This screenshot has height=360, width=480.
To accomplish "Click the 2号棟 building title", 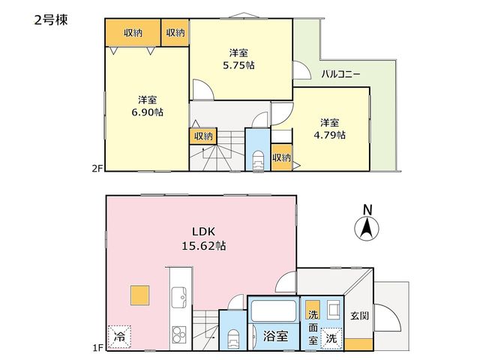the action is pyautogui.click(x=51, y=20).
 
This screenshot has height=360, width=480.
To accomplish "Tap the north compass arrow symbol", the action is pyautogui.click(x=367, y=228).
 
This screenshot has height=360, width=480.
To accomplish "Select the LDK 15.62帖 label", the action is pyautogui.click(x=204, y=238).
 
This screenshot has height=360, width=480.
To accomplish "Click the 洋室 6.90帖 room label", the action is pyautogui.click(x=147, y=106).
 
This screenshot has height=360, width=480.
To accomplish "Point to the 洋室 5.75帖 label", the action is pyautogui.click(x=238, y=59).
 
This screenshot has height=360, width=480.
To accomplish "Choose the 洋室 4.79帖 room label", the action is pyautogui.click(x=330, y=129).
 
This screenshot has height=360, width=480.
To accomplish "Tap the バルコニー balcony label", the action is pyautogui.click(x=340, y=74).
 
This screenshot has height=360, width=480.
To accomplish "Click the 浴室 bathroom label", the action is pyautogui.click(x=275, y=336).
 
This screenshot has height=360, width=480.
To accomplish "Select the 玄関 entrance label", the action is pyautogui.click(x=359, y=316).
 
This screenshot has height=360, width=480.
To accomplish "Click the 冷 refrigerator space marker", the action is pyautogui.click(x=119, y=337).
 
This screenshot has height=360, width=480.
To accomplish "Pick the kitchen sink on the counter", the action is pyautogui.click(x=178, y=297).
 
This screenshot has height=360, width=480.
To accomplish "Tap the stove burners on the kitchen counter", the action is pyautogui.click(x=178, y=334).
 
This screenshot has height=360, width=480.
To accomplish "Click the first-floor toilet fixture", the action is pyautogui.click(x=233, y=338).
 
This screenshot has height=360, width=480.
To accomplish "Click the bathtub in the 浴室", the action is pyautogui.click(x=273, y=310).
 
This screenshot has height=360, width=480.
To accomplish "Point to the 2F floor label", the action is pyautogui.click(x=98, y=168).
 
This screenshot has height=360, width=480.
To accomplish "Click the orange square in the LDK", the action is pyautogui.click(x=140, y=295).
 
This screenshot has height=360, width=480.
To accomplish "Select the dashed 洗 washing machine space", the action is pyautogui.click(x=331, y=338).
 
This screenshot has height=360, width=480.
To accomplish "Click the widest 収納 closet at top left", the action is pyautogui.click(x=133, y=33).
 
